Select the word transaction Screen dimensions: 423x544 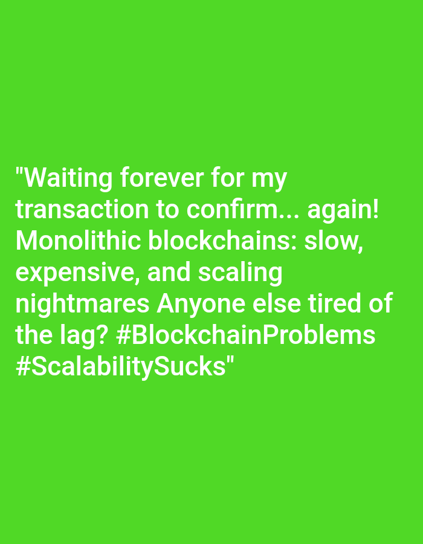pyautogui.click(x=82, y=209)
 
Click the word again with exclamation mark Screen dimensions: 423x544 pyautogui.click(x=343, y=210)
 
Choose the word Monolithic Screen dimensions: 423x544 pyautogui.click(x=78, y=241)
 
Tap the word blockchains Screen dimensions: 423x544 pyautogui.click(x=223, y=241)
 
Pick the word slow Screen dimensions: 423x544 pyautogui.click(x=334, y=241)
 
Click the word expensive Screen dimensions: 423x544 pyautogui.click(x=75, y=273)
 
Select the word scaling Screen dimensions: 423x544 pyautogui.click(x=241, y=273)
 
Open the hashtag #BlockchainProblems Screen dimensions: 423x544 pyautogui.click(x=246, y=334)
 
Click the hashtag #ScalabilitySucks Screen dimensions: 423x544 pyautogui.click(x=121, y=366)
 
